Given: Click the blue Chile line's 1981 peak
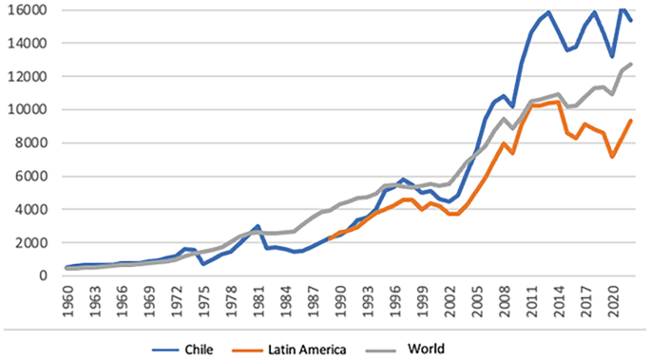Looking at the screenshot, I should (x=258, y=227).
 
